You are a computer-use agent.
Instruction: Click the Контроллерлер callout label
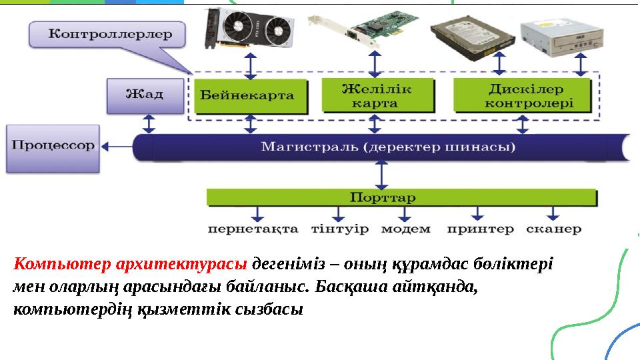pyautogui.click(x=106, y=33)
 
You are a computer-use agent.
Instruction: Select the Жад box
pyautogui.click(x=145, y=95)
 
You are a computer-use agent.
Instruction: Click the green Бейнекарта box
pyautogui.click(x=250, y=96)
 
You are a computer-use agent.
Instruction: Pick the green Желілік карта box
pyautogui.click(x=377, y=96)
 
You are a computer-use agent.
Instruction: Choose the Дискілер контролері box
pyautogui.click(x=522, y=96)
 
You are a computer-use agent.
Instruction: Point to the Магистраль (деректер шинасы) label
pyautogui.click(x=387, y=146)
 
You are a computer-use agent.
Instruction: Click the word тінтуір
pyautogui.click(x=339, y=229)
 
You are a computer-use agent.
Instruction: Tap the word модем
pyautogui.click(x=405, y=229)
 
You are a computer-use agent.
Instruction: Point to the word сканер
pyautogui.click(x=553, y=229)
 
